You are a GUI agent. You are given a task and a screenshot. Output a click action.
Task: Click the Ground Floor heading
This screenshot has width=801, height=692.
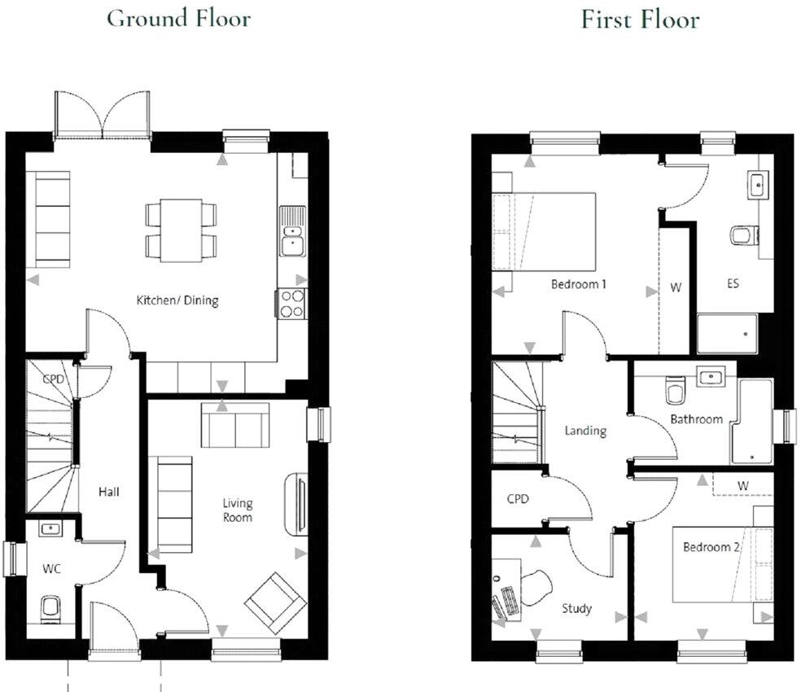[178, 18]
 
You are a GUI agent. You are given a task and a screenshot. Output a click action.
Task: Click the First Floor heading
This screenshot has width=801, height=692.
[640, 19]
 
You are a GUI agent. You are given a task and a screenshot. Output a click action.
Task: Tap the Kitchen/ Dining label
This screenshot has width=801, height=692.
[177, 300]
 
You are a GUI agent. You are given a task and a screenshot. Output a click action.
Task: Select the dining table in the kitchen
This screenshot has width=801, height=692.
[181, 230]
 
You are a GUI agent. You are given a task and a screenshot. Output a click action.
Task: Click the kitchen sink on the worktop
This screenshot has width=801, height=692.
[291, 232]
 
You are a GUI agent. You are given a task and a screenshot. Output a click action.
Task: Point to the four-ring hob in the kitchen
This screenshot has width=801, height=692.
[291, 304]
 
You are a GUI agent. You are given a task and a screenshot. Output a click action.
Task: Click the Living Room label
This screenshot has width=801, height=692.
[238, 510]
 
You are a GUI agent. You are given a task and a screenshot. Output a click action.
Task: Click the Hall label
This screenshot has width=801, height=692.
[108, 492]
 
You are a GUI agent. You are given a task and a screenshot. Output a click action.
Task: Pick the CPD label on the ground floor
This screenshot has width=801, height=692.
[54, 379]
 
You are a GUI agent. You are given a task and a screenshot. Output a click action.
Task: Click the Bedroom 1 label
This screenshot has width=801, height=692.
[579, 285]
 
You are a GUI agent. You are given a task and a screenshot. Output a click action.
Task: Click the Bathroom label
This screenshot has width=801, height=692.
[696, 419]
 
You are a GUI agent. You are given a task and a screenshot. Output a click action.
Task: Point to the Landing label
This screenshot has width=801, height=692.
[585, 431]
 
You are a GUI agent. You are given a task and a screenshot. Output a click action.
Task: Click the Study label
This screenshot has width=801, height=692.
[576, 608]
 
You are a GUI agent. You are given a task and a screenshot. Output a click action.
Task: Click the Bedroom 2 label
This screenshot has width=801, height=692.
[711, 547]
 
